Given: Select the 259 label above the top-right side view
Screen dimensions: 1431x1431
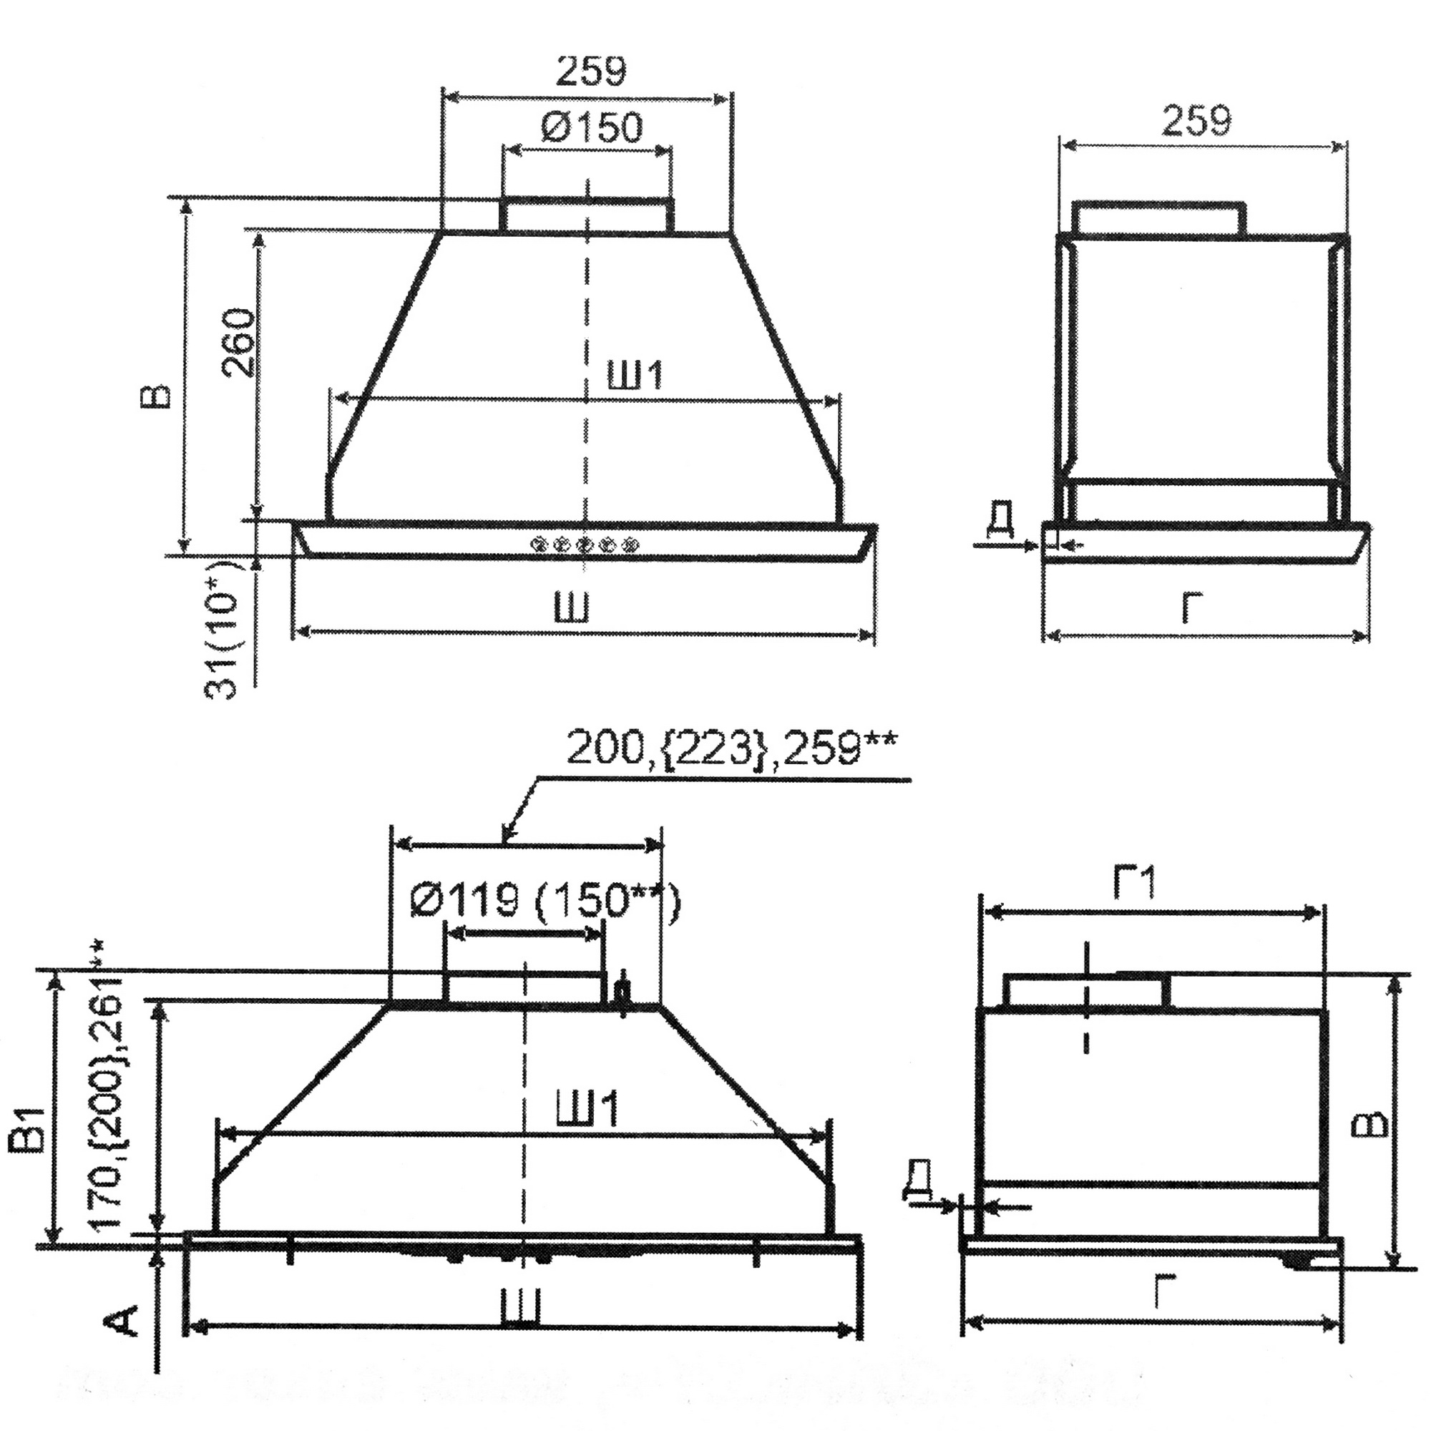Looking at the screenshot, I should coord(1196,122).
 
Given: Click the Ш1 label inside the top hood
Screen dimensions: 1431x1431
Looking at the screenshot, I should coord(634,376).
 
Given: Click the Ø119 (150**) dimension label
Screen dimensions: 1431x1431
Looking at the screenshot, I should coord(544,902).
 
